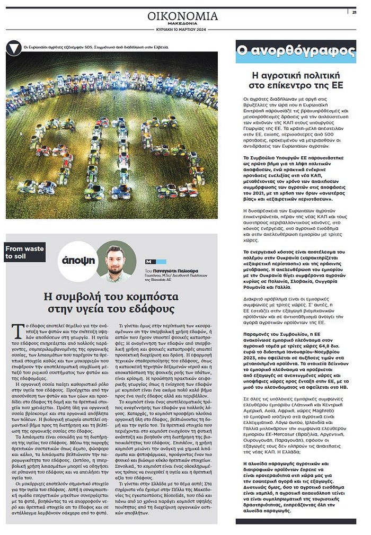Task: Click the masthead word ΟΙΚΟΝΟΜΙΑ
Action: point(182,16)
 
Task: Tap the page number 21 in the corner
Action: point(354,12)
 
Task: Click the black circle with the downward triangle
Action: point(14,48)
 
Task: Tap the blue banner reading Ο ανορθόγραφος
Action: point(296,51)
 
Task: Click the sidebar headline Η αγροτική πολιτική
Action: point(296,74)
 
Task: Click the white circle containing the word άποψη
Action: point(78,261)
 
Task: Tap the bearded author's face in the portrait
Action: point(116,257)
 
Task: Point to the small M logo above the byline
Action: point(148,262)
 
